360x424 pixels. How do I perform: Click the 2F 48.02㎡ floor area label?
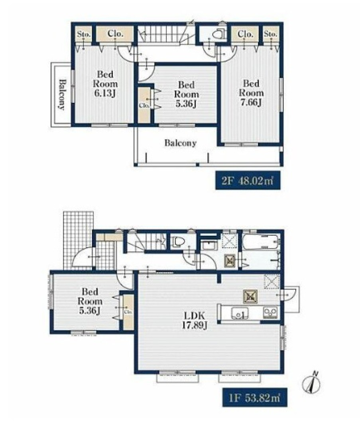tap(248, 180)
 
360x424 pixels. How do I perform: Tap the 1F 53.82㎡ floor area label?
tap(255, 398)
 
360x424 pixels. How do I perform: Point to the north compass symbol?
tap(311, 383)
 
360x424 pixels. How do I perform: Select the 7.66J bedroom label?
tap(251, 93)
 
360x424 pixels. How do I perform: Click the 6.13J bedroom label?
tap(105, 83)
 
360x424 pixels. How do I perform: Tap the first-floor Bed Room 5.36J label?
tap(90, 301)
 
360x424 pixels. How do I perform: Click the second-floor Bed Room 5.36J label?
tap(187, 95)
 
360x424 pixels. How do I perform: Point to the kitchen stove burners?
tap(271, 313)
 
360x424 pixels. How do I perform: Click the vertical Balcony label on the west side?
tap(62, 94)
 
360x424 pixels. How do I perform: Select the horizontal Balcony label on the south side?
tap(181, 143)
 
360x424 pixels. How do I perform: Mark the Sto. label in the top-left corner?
tap(83, 34)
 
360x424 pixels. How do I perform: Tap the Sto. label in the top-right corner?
tap(271, 34)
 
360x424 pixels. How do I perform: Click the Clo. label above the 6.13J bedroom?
tap(115, 34)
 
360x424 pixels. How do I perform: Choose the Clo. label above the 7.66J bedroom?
tap(246, 34)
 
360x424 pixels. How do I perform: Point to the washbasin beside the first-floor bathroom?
tap(209, 246)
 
